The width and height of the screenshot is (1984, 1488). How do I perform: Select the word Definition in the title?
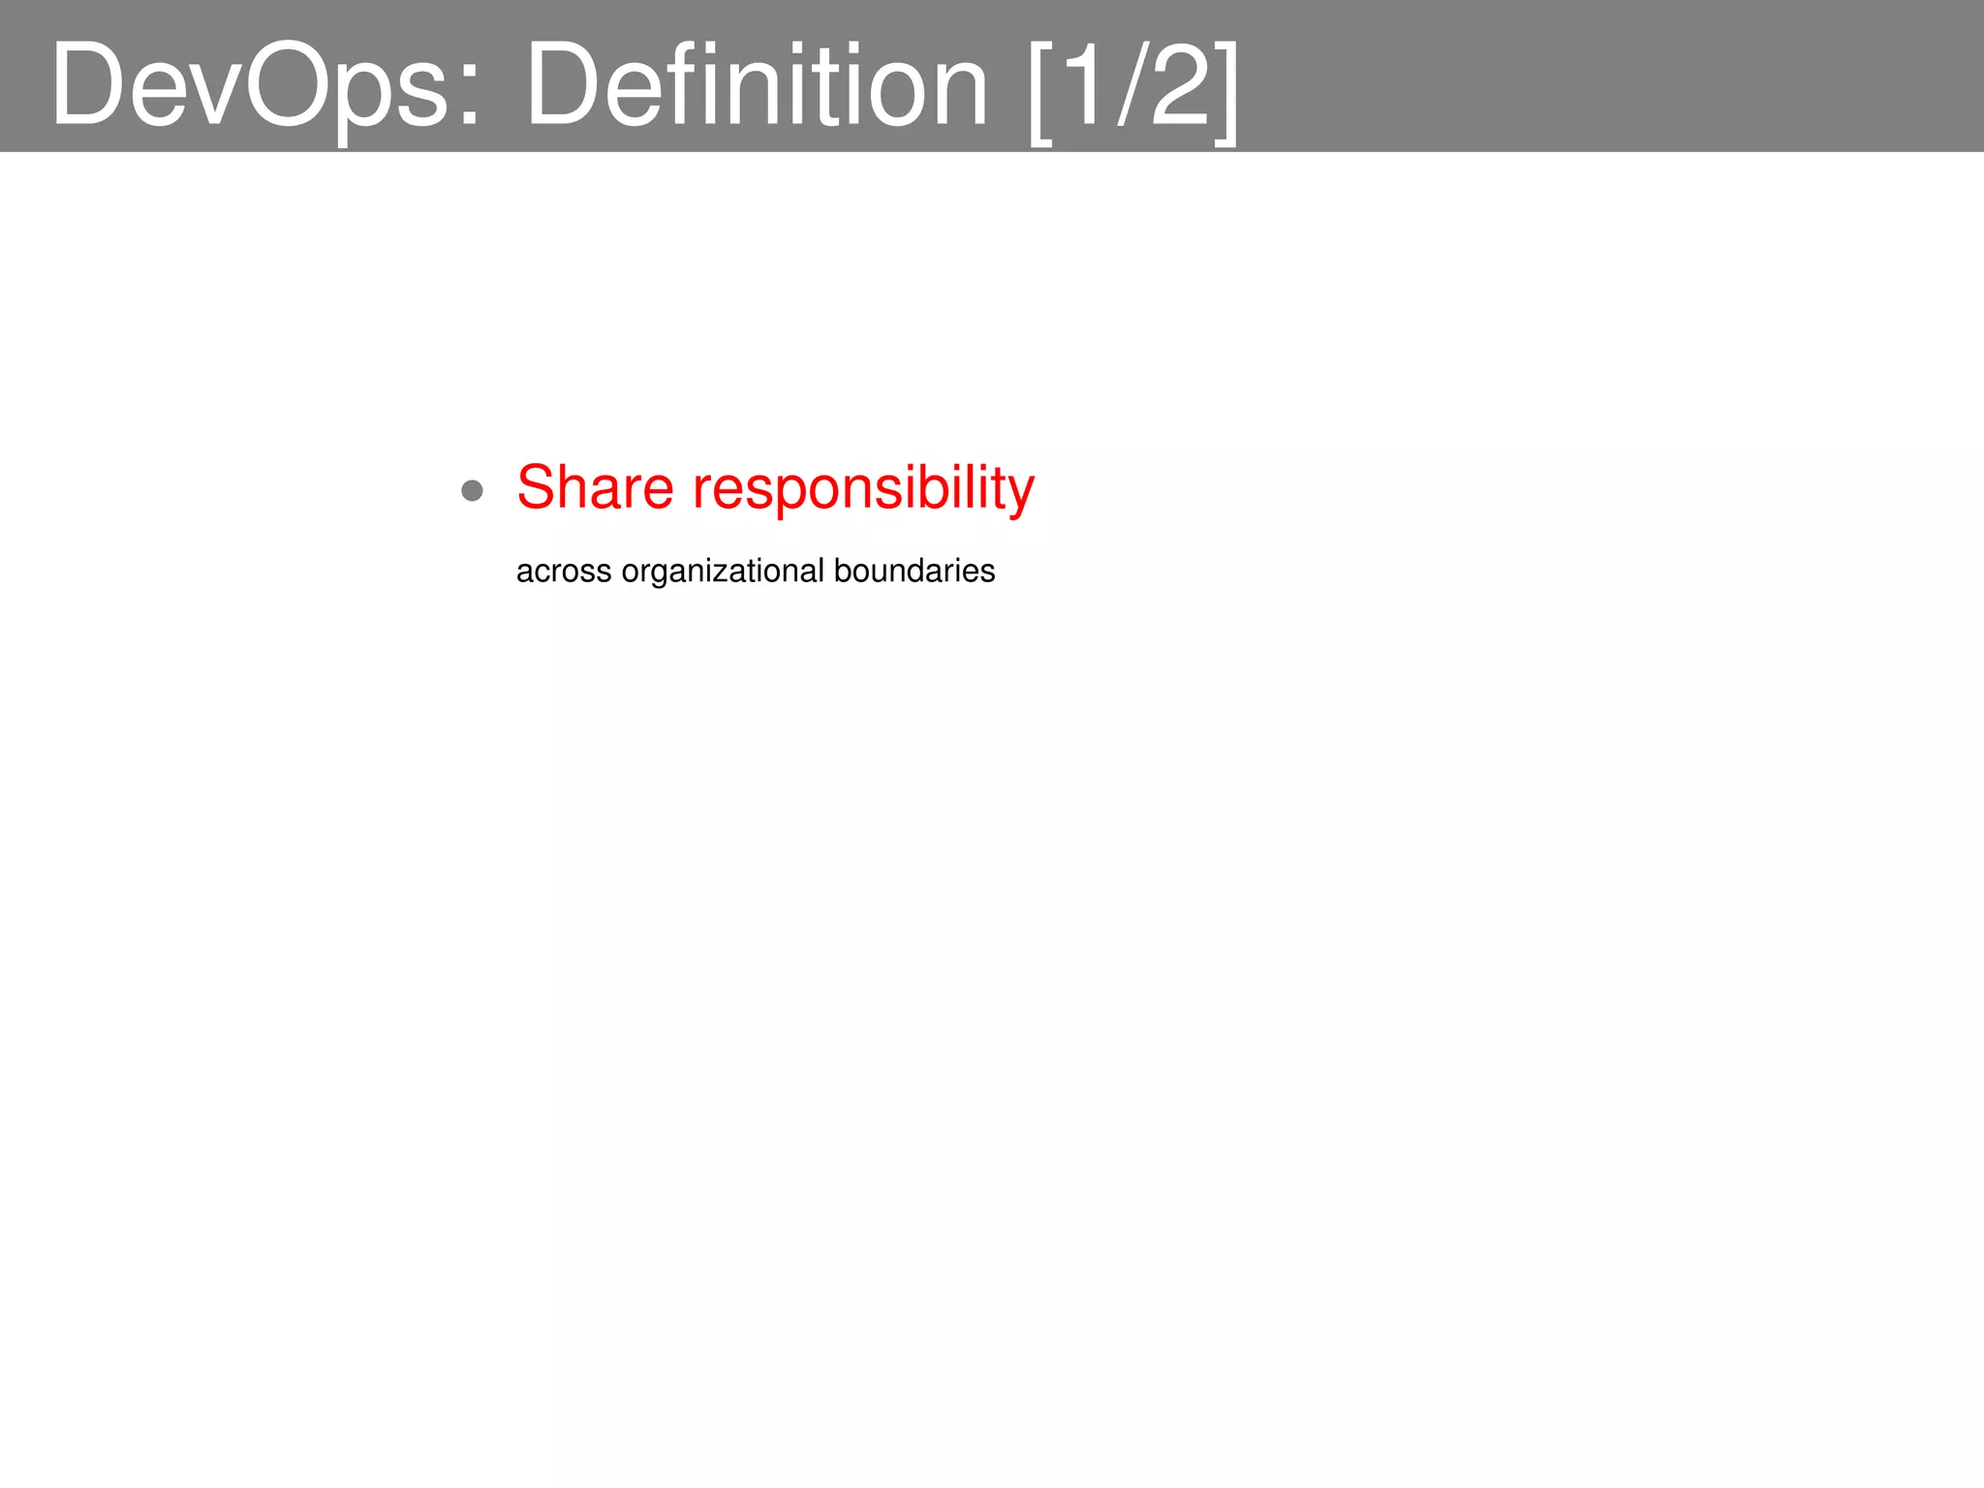tap(756, 85)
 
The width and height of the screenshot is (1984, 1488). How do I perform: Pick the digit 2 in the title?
tap(1180, 85)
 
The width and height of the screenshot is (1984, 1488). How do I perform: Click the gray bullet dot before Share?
tap(472, 490)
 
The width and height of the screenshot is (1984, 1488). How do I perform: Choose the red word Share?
tap(595, 486)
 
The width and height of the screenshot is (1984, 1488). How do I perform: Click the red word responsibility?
tap(863, 488)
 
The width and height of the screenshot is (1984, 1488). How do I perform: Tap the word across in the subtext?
tap(564, 572)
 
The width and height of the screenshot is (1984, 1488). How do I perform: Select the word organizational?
tap(723, 572)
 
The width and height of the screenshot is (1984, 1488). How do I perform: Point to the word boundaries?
tap(914, 571)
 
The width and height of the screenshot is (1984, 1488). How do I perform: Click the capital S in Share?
tap(536, 486)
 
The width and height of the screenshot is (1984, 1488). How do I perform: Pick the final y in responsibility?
tap(1021, 494)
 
